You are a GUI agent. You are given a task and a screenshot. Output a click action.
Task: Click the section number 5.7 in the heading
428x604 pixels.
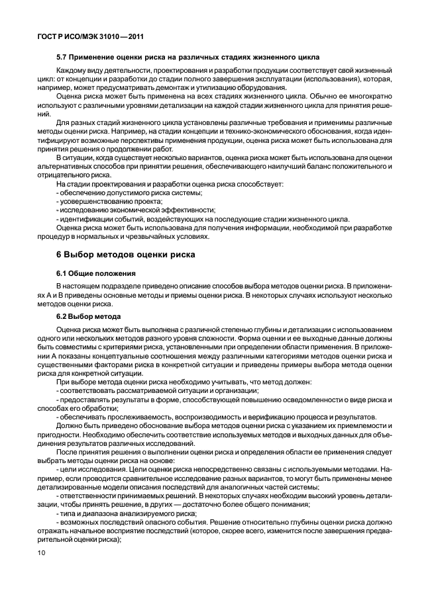(x=64, y=58)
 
